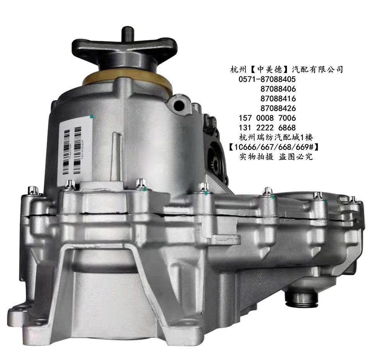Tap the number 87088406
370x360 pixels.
[278, 89]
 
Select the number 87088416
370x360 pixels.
[278, 98]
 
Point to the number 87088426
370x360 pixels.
[278, 108]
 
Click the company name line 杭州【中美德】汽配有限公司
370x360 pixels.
[286, 70]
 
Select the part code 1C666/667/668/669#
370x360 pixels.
[278, 147]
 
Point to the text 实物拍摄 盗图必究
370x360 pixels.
[276, 157]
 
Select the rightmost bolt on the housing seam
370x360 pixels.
[352, 200]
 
